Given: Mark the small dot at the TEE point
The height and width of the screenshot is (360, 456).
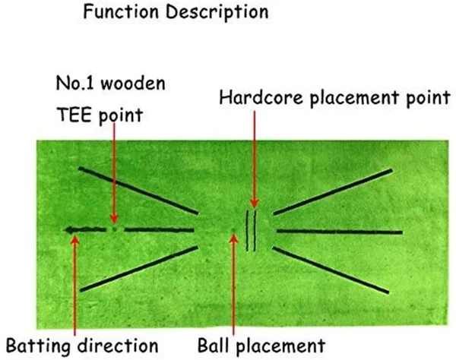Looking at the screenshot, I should pos(113,228).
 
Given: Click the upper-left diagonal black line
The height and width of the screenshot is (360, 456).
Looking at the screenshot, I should pos(137,190).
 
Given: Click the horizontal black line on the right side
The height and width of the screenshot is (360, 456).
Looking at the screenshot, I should pos(338,231).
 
